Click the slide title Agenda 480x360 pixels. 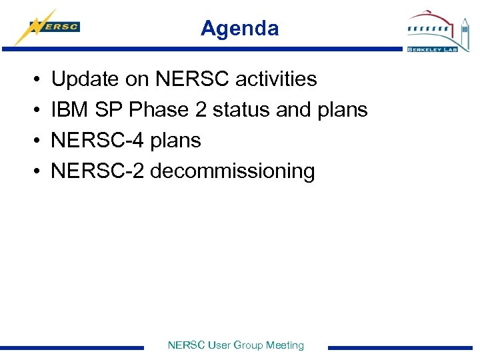click(x=239, y=29)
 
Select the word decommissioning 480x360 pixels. click(x=232, y=171)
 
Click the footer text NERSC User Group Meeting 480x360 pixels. click(x=235, y=345)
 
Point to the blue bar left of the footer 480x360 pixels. click(x=72, y=347)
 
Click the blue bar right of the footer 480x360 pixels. click(x=400, y=347)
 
